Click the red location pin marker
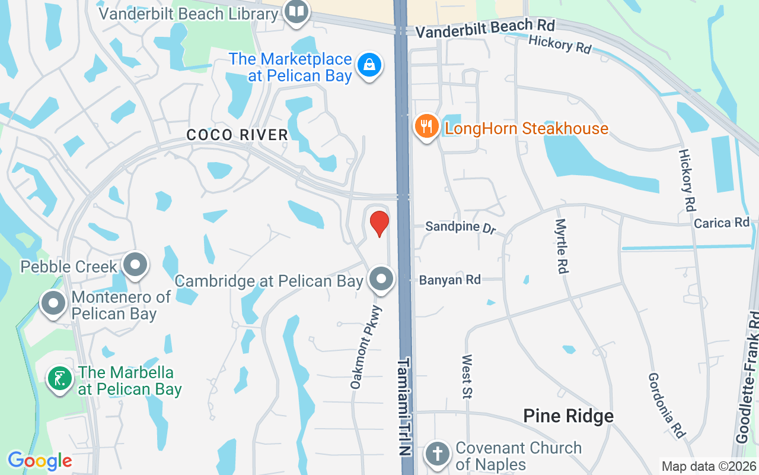379,224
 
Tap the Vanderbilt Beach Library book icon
296,12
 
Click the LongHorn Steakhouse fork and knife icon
426,126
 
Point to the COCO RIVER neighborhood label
237,135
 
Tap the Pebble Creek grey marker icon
135,264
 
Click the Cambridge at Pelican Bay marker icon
381,278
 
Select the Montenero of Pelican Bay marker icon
53,303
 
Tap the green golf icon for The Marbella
59,379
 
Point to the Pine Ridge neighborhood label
568,416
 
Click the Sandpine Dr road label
460,227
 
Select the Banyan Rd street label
450,280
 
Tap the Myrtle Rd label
561,246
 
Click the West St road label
467,376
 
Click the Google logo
40,461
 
